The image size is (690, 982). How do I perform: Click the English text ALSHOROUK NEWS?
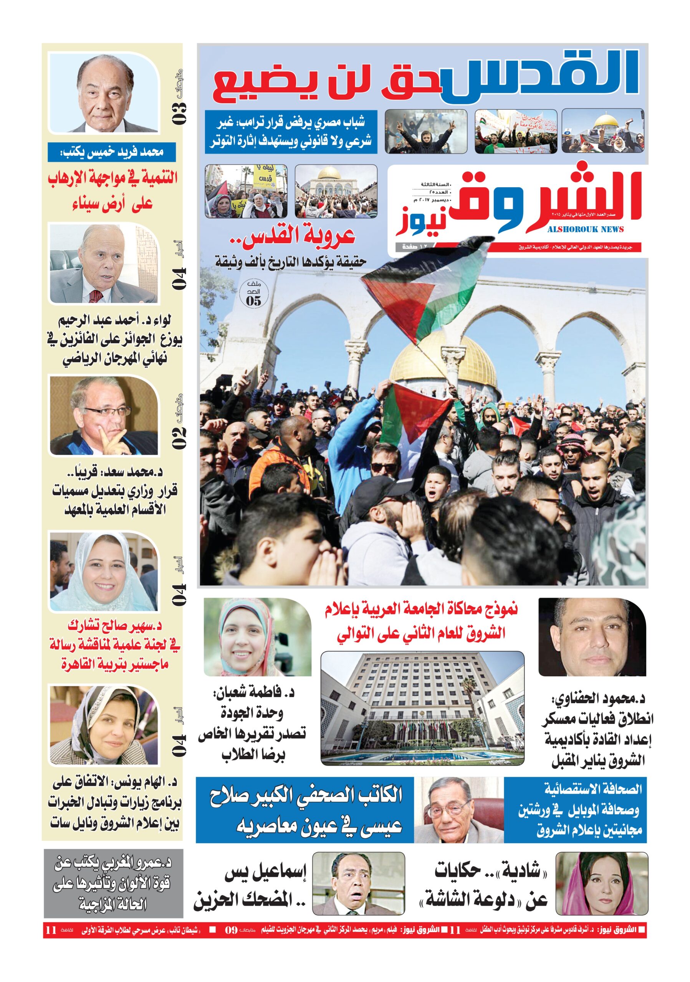(585, 230)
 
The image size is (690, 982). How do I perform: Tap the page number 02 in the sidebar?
(179, 435)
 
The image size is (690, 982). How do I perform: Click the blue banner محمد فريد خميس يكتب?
(112, 152)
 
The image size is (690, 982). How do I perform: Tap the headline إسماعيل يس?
(266, 873)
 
